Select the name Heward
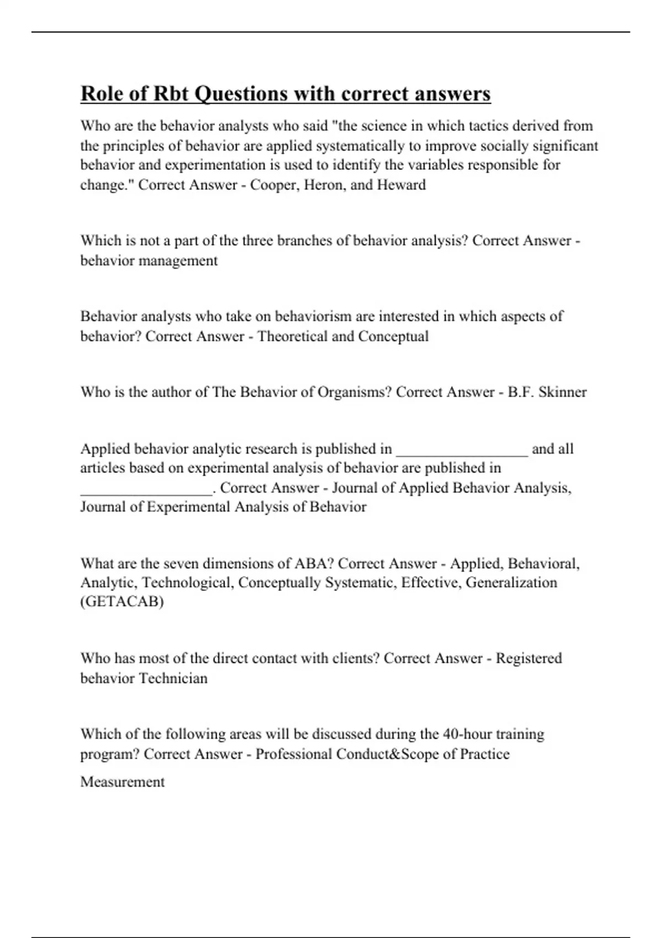pyautogui.click(x=401, y=185)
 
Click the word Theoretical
pyautogui.click(x=292, y=337)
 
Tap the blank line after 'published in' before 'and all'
pyautogui.click(x=462, y=450)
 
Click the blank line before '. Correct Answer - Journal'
pyautogui.click(x=146, y=489)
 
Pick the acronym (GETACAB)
pyautogui.click(x=122, y=602)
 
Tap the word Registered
pyautogui.click(x=528, y=658)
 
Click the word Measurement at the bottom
pyautogui.click(x=122, y=782)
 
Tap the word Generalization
pyautogui.click(x=511, y=583)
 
